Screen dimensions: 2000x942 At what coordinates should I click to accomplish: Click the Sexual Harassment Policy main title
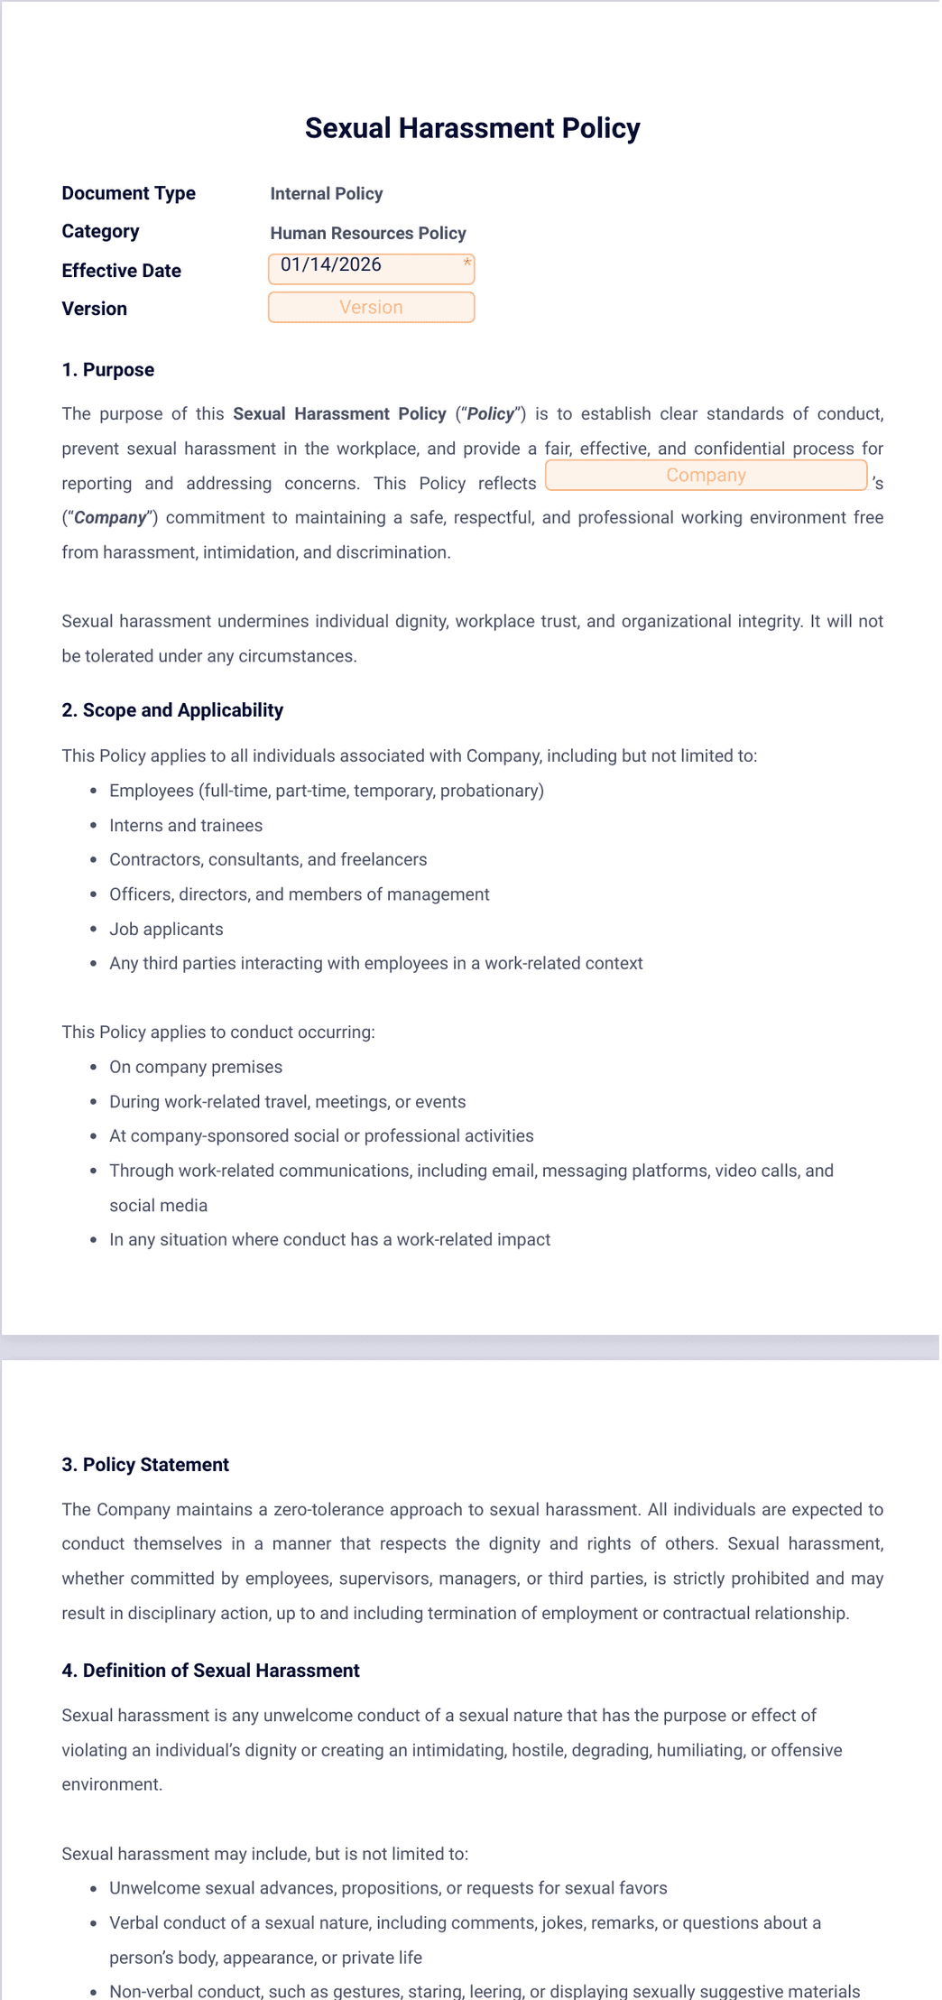click(x=472, y=128)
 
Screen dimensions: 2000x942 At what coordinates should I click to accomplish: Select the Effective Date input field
click(x=370, y=267)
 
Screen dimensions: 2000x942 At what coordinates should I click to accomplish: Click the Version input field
click(x=371, y=308)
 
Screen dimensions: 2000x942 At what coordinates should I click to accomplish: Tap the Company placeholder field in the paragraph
click(x=706, y=476)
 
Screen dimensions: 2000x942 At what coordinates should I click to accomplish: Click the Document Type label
click(x=128, y=193)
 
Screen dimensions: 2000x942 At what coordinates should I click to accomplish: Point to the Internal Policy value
click(x=326, y=194)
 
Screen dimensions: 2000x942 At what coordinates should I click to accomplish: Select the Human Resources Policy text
click(x=367, y=233)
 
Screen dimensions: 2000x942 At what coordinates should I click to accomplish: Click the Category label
click(x=100, y=232)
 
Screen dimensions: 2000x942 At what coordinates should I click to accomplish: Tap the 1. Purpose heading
click(x=107, y=370)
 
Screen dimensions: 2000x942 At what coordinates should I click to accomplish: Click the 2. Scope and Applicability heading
click(x=171, y=710)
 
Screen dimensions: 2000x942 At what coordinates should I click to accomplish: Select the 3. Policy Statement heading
click(x=144, y=1465)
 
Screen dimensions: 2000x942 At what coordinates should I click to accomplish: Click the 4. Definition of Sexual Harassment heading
click(x=210, y=1671)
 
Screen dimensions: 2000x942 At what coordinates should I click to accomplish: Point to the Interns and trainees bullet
click(x=186, y=826)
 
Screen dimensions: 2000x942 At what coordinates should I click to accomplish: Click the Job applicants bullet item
click(x=166, y=930)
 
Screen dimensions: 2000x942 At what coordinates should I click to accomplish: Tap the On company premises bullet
click(x=196, y=1068)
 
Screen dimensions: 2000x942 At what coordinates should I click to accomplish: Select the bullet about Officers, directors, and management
click(x=299, y=894)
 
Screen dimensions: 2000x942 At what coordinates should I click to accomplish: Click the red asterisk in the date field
click(x=467, y=263)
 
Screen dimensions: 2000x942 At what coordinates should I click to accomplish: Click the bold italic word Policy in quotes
click(x=491, y=414)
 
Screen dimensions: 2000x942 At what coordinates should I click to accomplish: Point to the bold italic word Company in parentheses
click(x=110, y=518)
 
